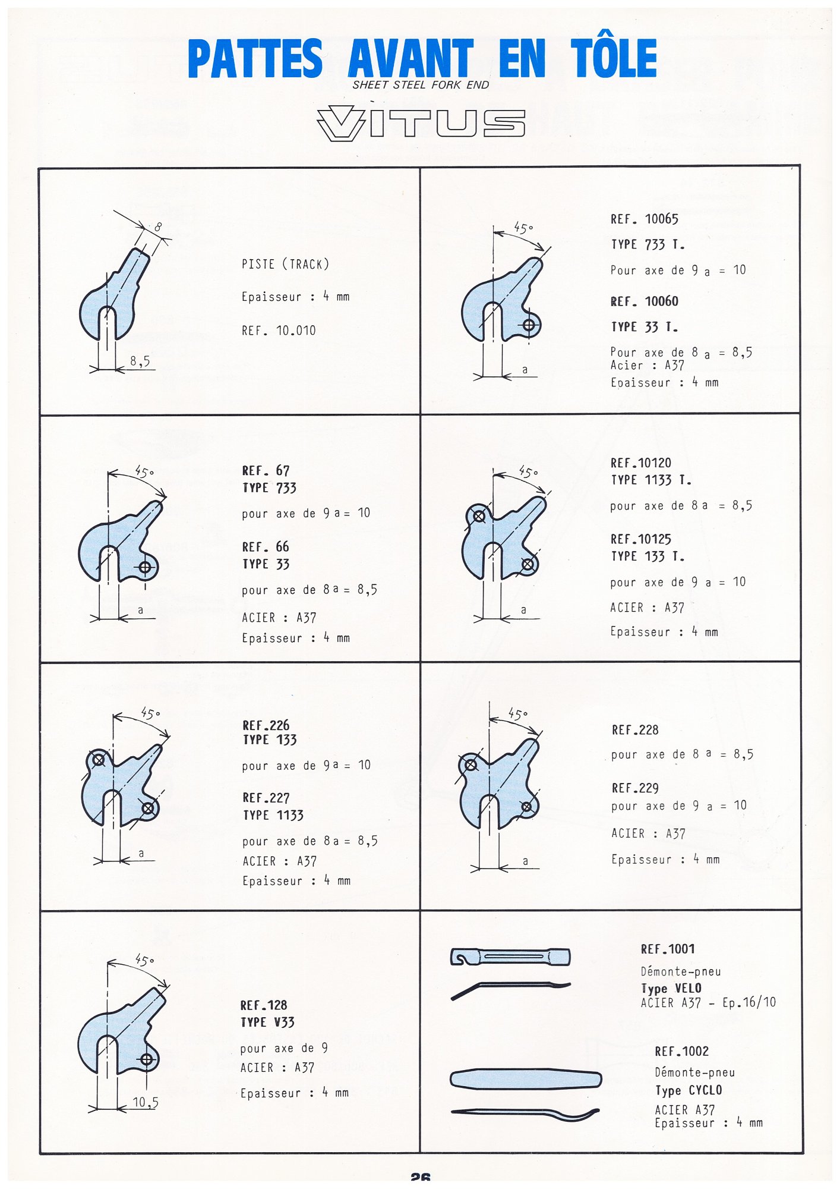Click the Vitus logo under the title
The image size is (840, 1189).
421,123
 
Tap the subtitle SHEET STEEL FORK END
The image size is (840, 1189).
421,85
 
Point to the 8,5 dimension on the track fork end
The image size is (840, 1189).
140,361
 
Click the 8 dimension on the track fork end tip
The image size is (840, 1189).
157,227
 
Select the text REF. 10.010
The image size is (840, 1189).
279,331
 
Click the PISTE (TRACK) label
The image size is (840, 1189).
285,264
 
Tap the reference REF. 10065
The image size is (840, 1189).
644,219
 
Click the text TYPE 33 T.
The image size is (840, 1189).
644,327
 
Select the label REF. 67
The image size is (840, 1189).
266,471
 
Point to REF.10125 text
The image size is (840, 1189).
640,539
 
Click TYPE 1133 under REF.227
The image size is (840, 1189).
273,815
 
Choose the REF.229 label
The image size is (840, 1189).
635,788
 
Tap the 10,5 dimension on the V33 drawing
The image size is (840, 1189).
145,1103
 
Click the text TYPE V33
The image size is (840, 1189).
267,1023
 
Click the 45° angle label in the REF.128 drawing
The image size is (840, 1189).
144,960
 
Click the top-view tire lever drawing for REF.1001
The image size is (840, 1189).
510,957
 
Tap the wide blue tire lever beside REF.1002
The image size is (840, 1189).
525,1079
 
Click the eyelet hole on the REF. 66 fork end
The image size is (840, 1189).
145,567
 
